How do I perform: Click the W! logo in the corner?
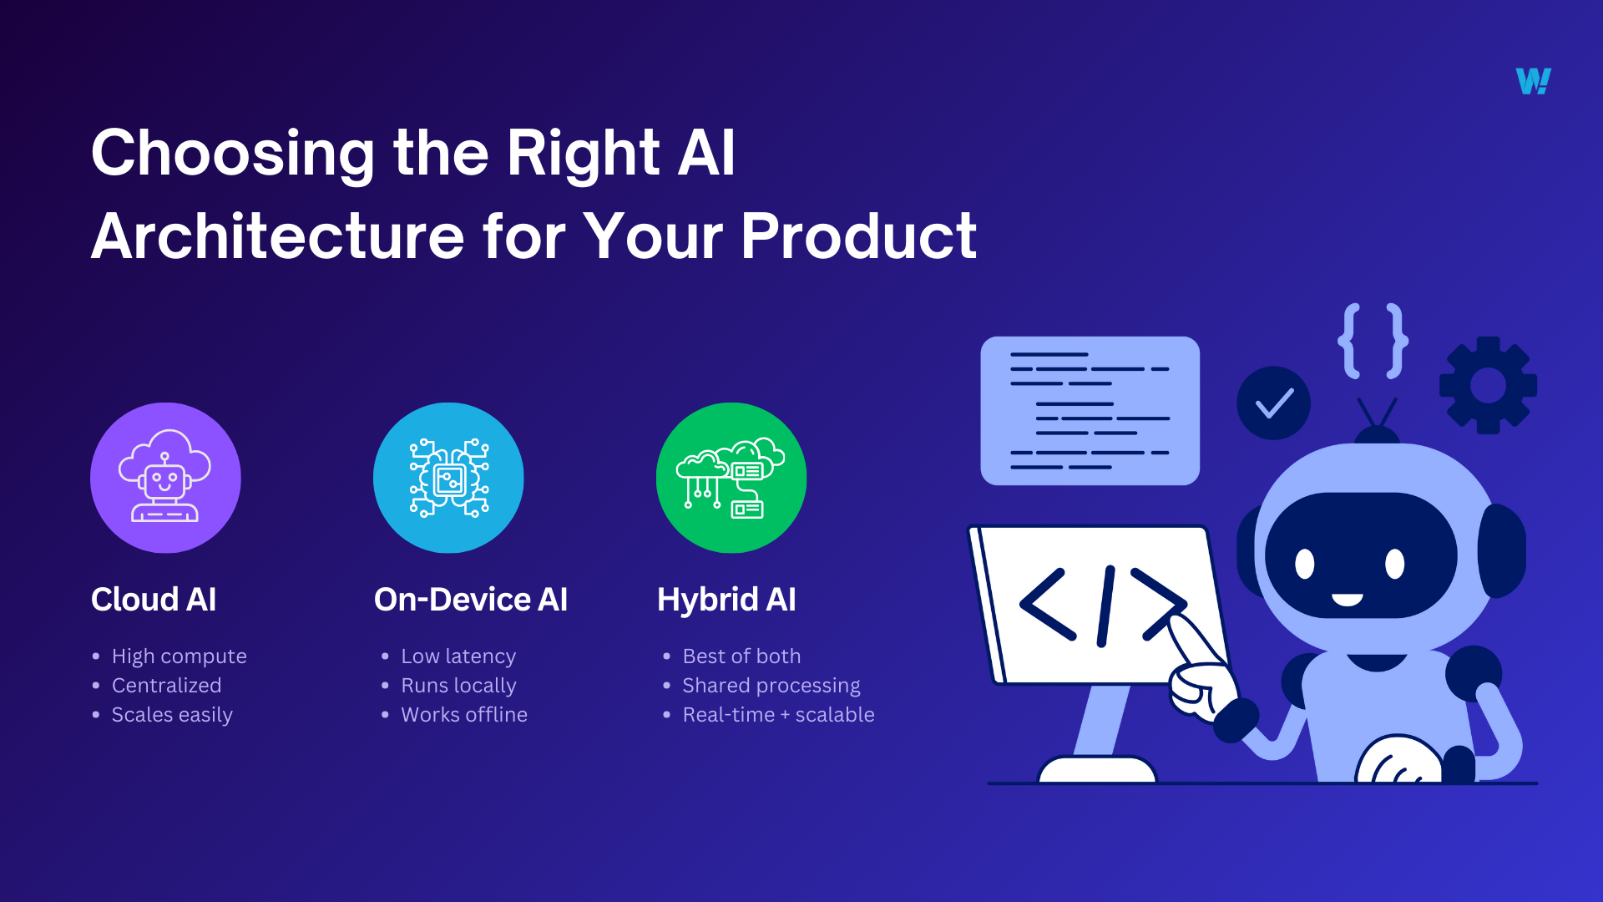click(1533, 81)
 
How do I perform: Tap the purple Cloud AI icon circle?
click(165, 478)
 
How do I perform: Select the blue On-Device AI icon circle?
click(448, 478)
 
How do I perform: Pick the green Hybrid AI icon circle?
click(731, 478)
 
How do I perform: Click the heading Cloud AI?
click(154, 600)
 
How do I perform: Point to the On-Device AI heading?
click(471, 600)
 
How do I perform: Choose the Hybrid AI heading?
click(726, 600)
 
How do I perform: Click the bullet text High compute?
click(179, 656)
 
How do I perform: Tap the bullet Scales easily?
click(172, 715)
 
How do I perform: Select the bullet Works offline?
click(464, 715)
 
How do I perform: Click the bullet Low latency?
click(458, 656)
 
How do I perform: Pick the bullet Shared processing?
click(771, 686)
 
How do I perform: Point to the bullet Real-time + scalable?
click(778, 715)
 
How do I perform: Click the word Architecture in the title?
click(277, 236)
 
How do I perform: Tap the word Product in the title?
click(858, 236)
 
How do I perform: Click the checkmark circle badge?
click(1273, 403)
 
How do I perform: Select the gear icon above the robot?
click(1488, 385)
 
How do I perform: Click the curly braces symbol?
click(1373, 341)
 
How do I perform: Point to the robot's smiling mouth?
click(1347, 600)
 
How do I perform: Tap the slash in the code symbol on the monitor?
click(1106, 606)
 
